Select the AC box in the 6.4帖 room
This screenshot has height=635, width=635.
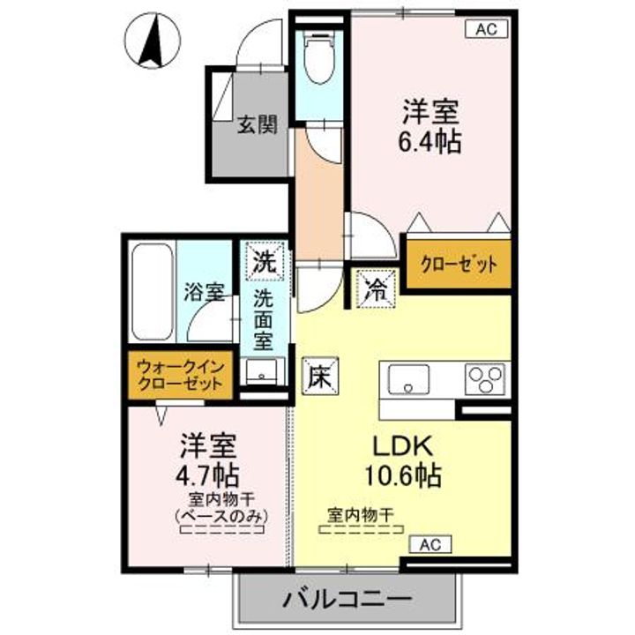click(486, 29)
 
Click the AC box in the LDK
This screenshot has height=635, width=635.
click(430, 545)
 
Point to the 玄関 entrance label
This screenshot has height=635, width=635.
click(258, 124)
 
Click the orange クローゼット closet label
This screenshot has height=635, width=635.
click(459, 265)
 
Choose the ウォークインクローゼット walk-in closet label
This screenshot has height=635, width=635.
click(180, 375)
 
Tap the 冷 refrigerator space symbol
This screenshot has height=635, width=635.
click(376, 288)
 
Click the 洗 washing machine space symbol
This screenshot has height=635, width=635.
click(265, 261)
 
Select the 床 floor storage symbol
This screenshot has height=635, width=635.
click(320, 377)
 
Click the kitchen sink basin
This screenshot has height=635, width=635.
click(408, 379)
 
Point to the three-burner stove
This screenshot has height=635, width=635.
click(485, 379)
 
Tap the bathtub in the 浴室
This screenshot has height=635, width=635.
click(153, 292)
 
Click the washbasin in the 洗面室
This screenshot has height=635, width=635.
click(262, 371)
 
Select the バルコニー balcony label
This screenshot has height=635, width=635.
click(347, 599)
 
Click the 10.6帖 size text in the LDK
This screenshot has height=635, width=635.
click(403, 475)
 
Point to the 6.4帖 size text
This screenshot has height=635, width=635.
click(430, 142)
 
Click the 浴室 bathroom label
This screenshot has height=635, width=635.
click(205, 292)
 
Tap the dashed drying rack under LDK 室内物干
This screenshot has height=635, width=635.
click(362, 529)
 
